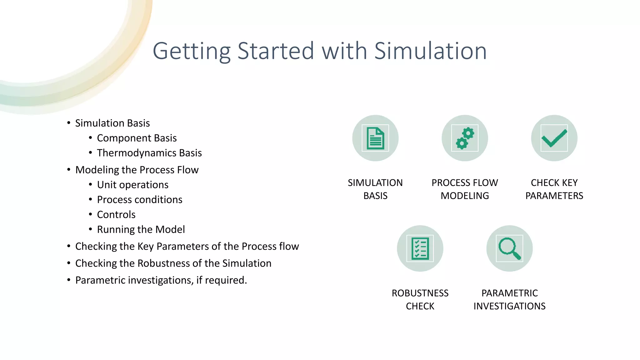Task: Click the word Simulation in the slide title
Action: click(x=430, y=51)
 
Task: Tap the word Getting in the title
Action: click(x=191, y=52)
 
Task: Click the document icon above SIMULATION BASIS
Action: click(x=375, y=138)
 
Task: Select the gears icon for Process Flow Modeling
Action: click(x=465, y=138)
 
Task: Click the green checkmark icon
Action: click(x=554, y=138)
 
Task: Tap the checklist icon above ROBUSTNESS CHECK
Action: click(x=420, y=248)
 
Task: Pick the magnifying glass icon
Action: click(x=509, y=248)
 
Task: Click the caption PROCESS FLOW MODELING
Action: click(x=465, y=189)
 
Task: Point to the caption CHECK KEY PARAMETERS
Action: click(x=554, y=189)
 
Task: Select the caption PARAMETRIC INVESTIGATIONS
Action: click(x=509, y=299)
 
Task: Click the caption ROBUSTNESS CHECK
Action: click(x=420, y=299)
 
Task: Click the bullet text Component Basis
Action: click(x=137, y=138)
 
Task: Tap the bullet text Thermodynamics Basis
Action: click(x=149, y=153)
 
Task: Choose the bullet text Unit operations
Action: click(x=132, y=185)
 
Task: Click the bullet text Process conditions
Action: click(x=139, y=200)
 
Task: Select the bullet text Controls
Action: click(x=116, y=215)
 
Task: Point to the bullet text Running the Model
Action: click(x=141, y=230)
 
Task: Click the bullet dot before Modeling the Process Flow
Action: click(x=69, y=170)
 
